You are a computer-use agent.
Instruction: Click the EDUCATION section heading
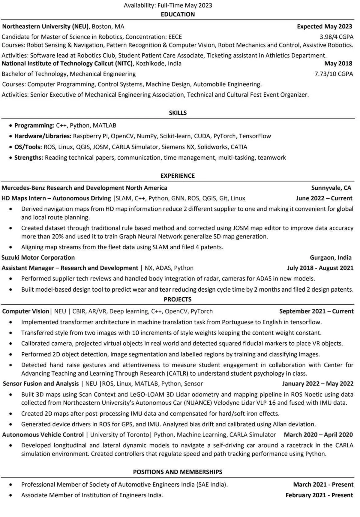tap(178, 14)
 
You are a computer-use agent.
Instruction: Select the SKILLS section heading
tap(178, 113)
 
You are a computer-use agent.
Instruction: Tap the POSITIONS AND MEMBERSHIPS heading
tap(178, 472)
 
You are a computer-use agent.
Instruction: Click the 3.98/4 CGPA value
tap(336, 37)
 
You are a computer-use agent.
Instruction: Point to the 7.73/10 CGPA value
tap(334, 74)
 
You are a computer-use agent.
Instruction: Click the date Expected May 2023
tap(325, 26)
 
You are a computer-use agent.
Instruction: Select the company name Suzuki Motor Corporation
tap(38, 257)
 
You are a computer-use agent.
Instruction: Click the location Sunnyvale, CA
tap(331, 188)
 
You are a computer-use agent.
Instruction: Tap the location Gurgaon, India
tap(331, 257)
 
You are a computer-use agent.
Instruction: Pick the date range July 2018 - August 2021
tap(320, 268)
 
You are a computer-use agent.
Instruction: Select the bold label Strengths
tap(28, 158)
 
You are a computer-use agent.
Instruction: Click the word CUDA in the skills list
tap(202, 136)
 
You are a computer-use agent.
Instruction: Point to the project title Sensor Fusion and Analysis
tap(41, 383)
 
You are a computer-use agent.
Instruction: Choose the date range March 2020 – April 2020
tap(318, 434)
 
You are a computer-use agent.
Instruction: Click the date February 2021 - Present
tap(319, 495)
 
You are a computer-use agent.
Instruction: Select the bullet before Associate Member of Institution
tap(11, 495)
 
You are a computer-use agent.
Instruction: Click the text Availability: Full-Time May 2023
tap(168, 5)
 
